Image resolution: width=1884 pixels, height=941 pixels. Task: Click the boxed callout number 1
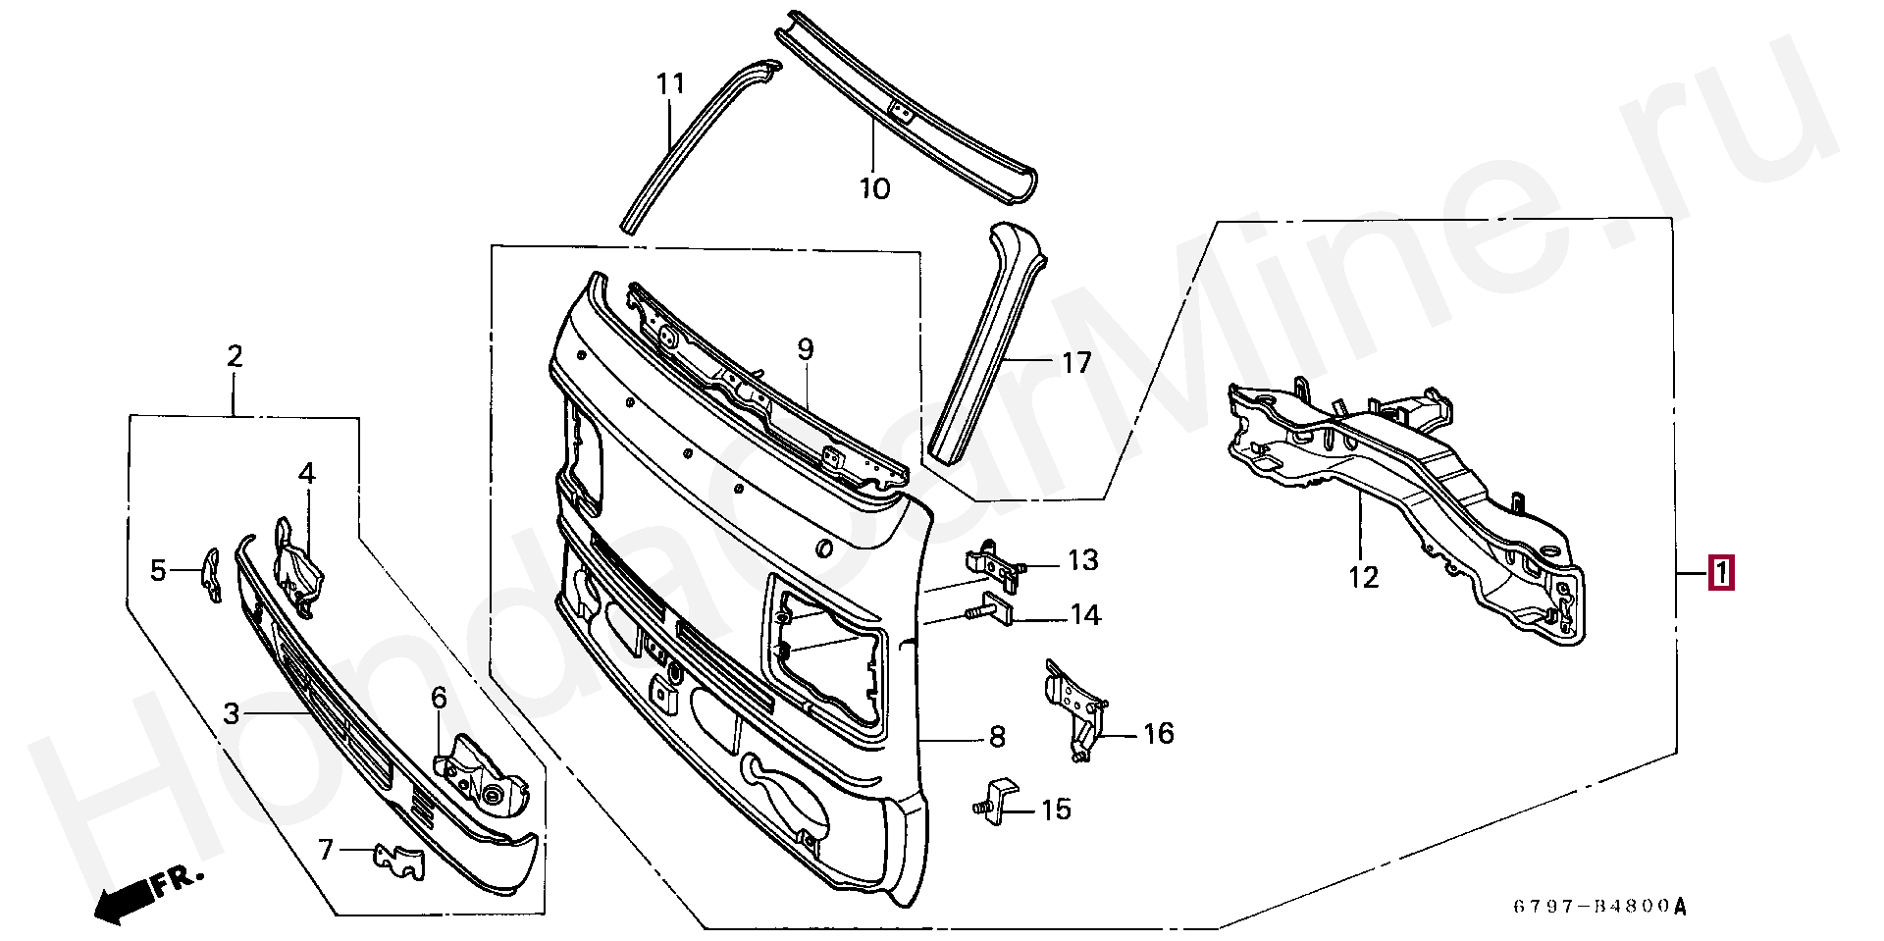[x=1722, y=573]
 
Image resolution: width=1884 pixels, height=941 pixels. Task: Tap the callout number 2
[x=235, y=356]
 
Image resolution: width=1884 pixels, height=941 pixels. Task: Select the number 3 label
[x=232, y=713]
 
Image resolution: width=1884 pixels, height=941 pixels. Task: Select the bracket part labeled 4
[x=298, y=567]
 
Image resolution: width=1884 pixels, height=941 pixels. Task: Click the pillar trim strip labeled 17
[x=987, y=343]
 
